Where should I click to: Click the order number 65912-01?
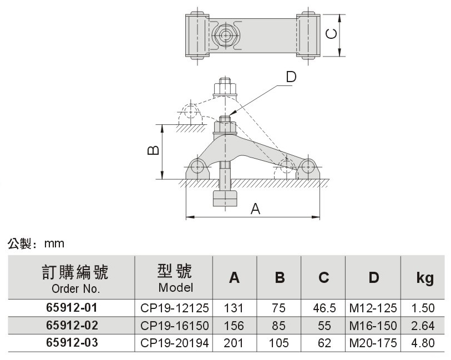(x=72, y=308)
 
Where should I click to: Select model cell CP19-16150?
(x=174, y=326)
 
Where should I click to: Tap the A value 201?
(x=234, y=343)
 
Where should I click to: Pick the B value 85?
(x=278, y=326)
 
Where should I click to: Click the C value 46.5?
(x=324, y=308)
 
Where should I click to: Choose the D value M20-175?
(x=373, y=343)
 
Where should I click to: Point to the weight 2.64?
(x=423, y=326)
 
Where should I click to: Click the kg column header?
(x=425, y=278)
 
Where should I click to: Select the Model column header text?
(x=175, y=287)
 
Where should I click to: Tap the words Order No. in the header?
(x=75, y=288)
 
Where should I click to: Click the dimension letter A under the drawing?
(x=255, y=209)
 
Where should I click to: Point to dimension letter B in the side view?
(x=153, y=150)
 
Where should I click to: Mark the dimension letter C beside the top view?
(x=331, y=34)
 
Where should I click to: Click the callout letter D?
(x=291, y=77)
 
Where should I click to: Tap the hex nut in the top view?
(x=225, y=35)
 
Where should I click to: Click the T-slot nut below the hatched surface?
(x=225, y=199)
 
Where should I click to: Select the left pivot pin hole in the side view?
(x=197, y=166)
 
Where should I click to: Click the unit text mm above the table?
(x=54, y=244)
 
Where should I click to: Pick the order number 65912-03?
(x=72, y=343)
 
